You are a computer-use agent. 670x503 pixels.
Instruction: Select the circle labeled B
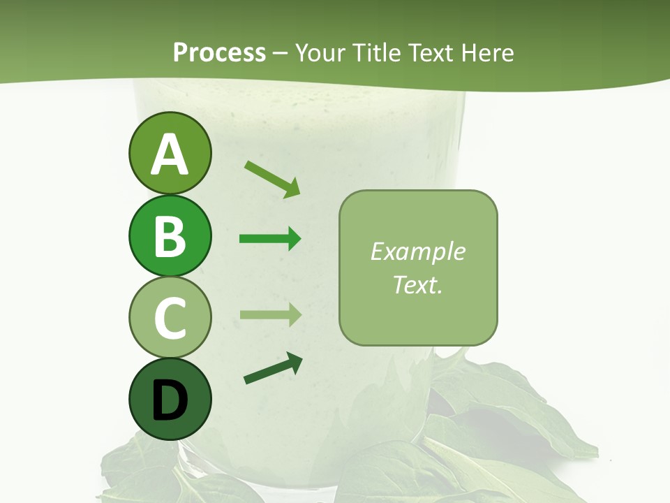click(x=170, y=236)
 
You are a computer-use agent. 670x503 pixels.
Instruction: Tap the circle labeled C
click(x=170, y=317)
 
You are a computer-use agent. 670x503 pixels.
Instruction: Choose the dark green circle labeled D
click(x=170, y=399)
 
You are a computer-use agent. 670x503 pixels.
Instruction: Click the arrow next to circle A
click(x=272, y=179)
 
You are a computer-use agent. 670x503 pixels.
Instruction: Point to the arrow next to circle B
click(x=270, y=239)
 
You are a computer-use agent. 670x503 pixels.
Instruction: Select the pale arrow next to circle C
click(x=270, y=315)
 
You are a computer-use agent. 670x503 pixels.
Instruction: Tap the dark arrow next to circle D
click(x=273, y=368)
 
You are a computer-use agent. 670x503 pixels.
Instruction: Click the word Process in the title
click(x=219, y=52)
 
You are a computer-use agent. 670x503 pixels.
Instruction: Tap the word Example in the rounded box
click(x=417, y=251)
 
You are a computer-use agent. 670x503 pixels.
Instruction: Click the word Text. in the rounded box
click(x=417, y=284)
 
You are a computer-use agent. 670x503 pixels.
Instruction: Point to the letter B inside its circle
click(x=170, y=236)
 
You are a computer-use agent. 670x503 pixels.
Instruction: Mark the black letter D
click(x=170, y=400)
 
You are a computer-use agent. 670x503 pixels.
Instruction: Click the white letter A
click(x=170, y=154)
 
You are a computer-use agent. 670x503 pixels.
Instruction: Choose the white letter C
click(x=170, y=318)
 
